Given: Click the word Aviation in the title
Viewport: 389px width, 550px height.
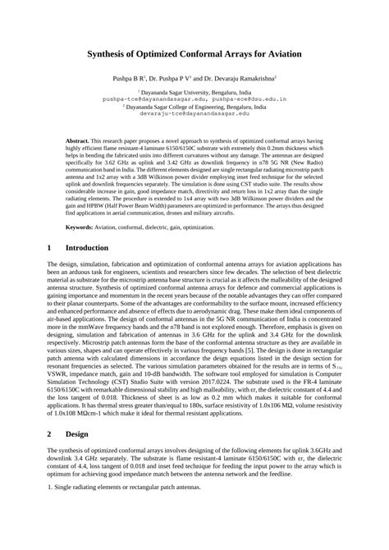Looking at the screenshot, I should [278, 54].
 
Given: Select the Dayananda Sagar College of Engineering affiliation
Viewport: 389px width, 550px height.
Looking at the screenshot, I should [194, 108].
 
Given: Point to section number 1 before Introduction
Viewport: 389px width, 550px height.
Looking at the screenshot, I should [50, 247].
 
